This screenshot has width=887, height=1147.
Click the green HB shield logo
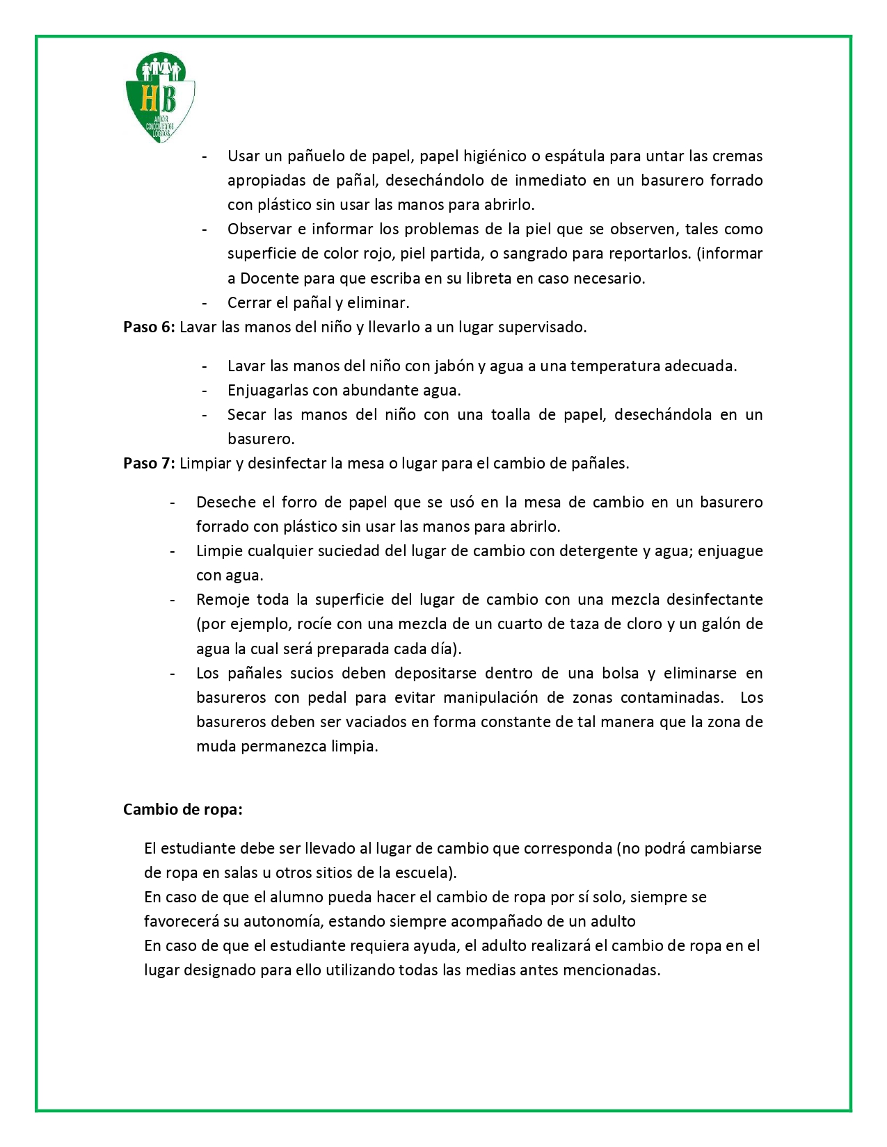[160, 97]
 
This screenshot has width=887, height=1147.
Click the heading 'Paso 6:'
[149, 327]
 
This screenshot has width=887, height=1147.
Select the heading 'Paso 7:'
[149, 464]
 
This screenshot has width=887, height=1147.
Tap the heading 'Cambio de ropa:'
[183, 810]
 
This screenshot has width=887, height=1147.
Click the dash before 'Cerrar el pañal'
[205, 303]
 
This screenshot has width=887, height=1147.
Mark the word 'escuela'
[424, 873]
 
